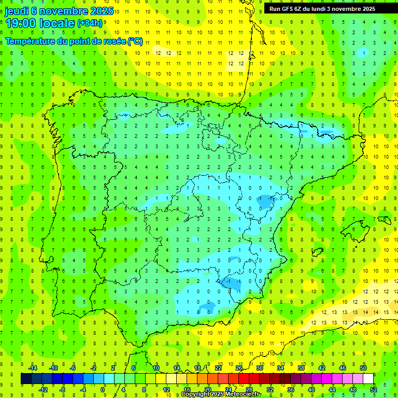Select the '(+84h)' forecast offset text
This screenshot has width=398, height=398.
pos(90,23)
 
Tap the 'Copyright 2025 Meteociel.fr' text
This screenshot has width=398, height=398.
pos(221,394)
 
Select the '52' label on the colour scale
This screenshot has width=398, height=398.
pos(374,389)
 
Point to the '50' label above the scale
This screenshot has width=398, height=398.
pos(363,368)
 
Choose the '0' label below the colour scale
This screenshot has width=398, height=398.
pos(103,389)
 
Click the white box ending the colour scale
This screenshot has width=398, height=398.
pos(368,379)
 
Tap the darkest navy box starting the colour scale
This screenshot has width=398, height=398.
pos(26,379)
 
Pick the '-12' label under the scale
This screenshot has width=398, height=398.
pos(44,389)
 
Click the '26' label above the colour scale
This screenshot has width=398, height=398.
pos(239,368)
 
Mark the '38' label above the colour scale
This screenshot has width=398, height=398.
pos(301,368)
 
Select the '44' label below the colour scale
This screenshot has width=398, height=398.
pos(332,389)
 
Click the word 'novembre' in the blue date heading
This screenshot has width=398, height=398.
pos(61,11)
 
